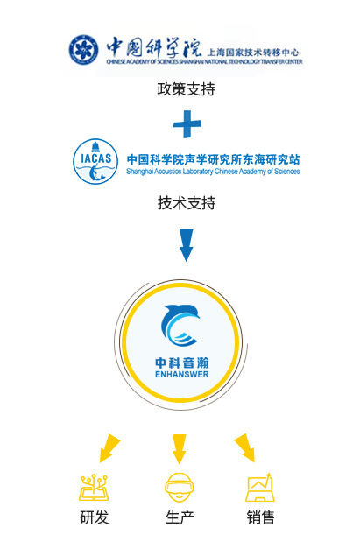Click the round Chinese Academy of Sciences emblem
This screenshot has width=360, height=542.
83,49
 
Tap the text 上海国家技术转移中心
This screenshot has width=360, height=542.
253,53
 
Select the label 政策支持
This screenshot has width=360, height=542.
187,89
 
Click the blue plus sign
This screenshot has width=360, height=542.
187,124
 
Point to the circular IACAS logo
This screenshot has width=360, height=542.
95,161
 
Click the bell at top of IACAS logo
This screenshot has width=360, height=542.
95,147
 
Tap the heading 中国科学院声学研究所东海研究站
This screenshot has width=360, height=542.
214,159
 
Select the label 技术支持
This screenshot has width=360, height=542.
187,203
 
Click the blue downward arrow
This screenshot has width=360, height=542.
187,244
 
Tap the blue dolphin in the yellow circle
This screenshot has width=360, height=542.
180,325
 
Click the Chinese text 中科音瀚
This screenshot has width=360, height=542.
182,363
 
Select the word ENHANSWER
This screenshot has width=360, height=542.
182,375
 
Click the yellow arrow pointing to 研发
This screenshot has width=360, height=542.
109,448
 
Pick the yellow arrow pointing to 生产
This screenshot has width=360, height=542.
180,449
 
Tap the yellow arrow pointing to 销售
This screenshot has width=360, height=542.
245,448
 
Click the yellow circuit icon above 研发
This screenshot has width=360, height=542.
94,488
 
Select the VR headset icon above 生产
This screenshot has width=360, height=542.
180,487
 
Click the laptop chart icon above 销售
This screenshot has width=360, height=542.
260,488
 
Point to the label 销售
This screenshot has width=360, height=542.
261,517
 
